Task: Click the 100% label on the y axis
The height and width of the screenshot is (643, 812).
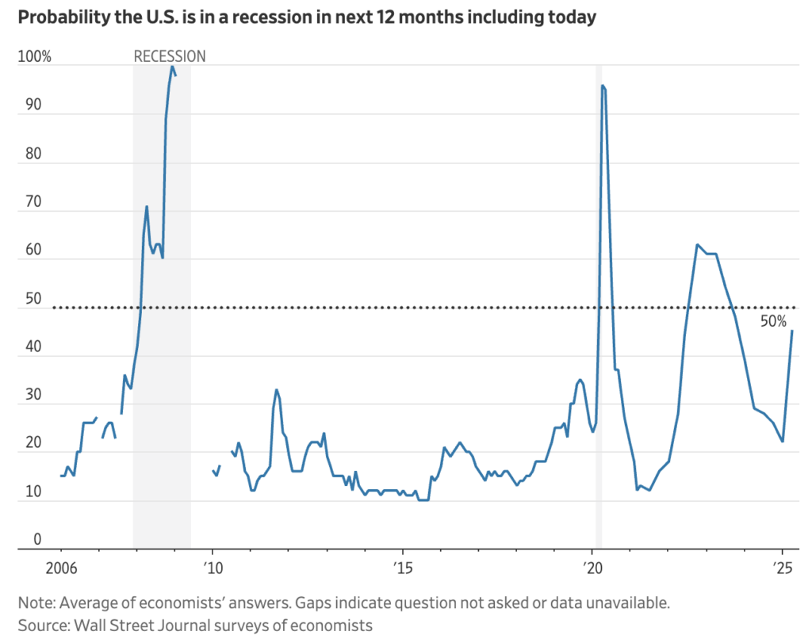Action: (x=35, y=57)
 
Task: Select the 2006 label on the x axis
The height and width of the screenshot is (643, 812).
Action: (x=61, y=568)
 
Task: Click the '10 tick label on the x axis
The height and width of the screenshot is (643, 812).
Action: (x=212, y=568)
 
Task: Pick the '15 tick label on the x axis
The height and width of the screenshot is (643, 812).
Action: (x=402, y=568)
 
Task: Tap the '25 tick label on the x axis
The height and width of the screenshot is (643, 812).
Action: (x=783, y=568)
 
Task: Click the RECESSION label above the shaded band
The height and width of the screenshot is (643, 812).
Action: (x=169, y=56)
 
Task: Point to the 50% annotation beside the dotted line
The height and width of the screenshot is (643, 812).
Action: (x=773, y=322)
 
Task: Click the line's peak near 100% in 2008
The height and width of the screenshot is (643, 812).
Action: (x=172, y=66)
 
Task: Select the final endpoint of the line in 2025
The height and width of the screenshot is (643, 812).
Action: (x=792, y=331)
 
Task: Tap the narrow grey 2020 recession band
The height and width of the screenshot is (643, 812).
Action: (x=599, y=317)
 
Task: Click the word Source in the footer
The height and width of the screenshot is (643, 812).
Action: (x=40, y=625)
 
